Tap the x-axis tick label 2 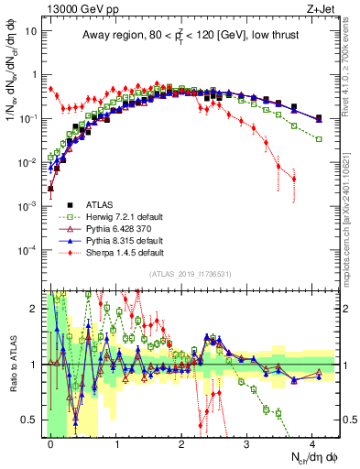point(181,442)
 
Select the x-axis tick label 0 point(50,442)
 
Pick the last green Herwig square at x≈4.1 point(319,138)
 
